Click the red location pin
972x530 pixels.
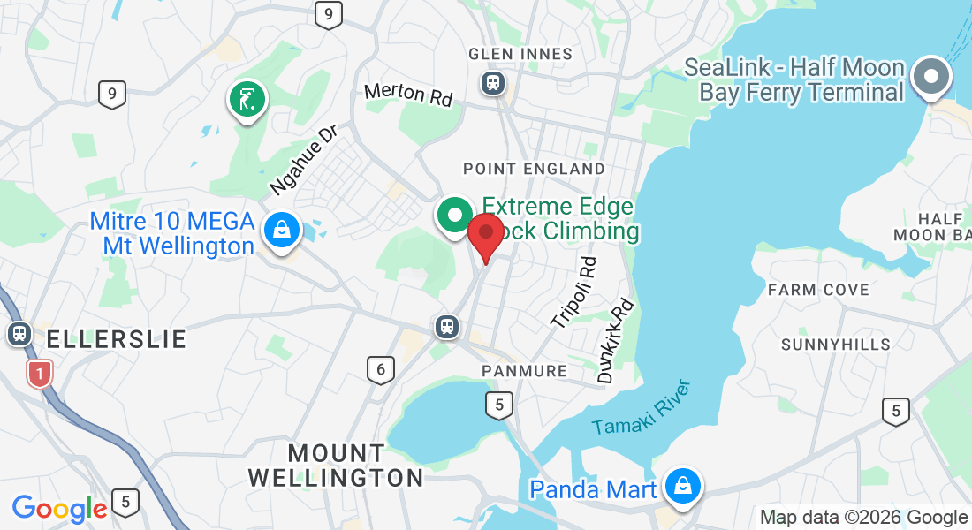pyautogui.click(x=485, y=234)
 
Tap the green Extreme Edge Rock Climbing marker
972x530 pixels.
pyautogui.click(x=456, y=215)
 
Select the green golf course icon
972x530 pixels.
pyautogui.click(x=248, y=99)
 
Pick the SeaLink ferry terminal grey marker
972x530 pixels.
pyautogui.click(x=930, y=78)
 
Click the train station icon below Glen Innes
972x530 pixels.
pyautogui.click(x=492, y=83)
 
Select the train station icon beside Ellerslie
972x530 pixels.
pyautogui.click(x=18, y=334)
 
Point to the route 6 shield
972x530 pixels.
pyautogui.click(x=380, y=369)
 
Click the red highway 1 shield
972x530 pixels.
pyautogui.click(x=38, y=374)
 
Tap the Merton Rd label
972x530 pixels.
pyautogui.click(x=408, y=93)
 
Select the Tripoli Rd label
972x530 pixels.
pyautogui.click(x=574, y=292)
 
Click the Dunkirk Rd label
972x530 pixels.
pyautogui.click(x=616, y=340)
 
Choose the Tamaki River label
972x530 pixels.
pyautogui.click(x=641, y=408)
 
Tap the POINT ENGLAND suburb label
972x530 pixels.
pyautogui.click(x=535, y=169)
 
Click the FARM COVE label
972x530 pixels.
pyautogui.click(x=818, y=290)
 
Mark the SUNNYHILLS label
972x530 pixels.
pyautogui.click(x=836, y=344)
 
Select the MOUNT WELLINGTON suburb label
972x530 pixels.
pyautogui.click(x=336, y=466)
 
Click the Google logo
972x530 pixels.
pyautogui.click(x=59, y=508)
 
